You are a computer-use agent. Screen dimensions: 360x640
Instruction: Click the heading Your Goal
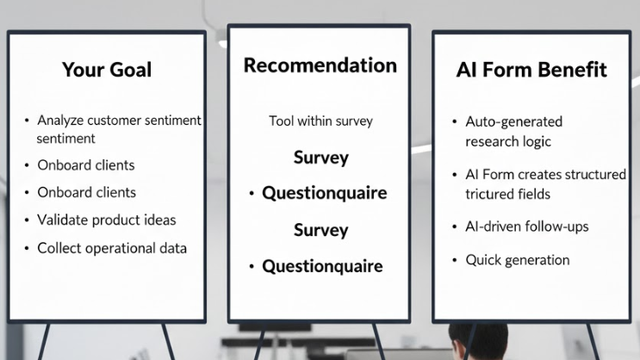[x=107, y=70]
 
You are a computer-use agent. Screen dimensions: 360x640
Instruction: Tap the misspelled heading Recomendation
[x=320, y=65]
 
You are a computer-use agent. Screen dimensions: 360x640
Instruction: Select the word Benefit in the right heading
[x=572, y=70]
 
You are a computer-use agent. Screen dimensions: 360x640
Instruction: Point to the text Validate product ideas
[x=106, y=220]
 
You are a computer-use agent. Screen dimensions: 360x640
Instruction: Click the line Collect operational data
[x=112, y=248]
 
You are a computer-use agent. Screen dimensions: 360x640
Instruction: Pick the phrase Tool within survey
[x=320, y=121]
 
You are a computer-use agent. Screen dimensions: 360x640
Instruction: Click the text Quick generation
[x=518, y=259]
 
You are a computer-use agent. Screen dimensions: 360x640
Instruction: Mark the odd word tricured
[x=489, y=194]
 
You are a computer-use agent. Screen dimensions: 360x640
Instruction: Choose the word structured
[x=594, y=174]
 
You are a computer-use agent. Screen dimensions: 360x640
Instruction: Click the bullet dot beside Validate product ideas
[x=27, y=220]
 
